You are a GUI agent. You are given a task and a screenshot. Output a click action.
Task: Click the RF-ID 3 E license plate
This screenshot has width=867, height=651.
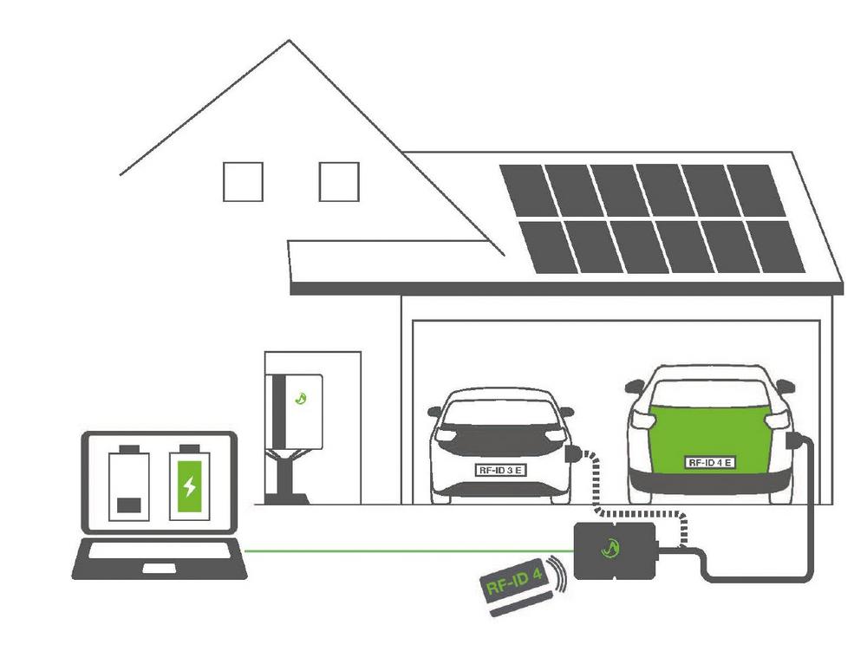[500, 471]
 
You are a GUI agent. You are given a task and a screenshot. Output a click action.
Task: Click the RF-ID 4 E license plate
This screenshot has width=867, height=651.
[711, 463]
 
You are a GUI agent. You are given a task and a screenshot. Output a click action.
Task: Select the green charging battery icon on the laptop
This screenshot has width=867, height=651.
[190, 483]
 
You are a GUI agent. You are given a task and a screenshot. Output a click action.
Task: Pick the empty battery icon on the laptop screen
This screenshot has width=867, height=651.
[129, 483]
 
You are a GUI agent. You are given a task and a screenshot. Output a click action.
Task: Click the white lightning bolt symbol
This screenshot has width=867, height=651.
[190, 486]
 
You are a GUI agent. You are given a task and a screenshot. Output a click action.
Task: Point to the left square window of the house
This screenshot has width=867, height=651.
[243, 182]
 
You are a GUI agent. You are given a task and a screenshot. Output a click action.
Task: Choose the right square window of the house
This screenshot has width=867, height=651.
[339, 182]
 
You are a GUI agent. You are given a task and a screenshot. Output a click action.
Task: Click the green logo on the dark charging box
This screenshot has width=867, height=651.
[610, 548]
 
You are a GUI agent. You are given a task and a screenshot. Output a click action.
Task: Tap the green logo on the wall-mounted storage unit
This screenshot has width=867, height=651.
[301, 397]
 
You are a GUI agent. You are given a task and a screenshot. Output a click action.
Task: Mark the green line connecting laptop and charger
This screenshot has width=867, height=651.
[409, 550]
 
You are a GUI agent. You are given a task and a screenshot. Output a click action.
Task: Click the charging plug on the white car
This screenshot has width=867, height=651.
[573, 453]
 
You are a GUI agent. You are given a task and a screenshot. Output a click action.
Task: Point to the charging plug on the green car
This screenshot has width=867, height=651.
[794, 441]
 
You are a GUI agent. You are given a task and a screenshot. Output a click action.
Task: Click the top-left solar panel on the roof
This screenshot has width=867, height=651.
[529, 191]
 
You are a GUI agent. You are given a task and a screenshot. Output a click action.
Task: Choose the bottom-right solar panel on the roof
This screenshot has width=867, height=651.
[775, 246]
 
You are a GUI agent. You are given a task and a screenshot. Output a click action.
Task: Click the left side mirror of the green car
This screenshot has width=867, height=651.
[636, 386]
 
